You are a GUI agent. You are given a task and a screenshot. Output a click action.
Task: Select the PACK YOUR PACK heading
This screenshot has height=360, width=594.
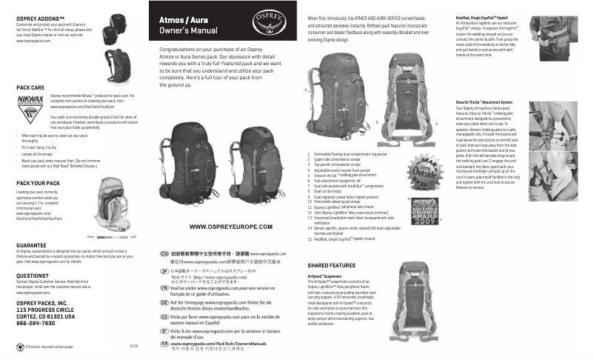(x=38, y=182)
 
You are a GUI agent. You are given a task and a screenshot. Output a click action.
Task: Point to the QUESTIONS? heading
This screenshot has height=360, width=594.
(x=33, y=275)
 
